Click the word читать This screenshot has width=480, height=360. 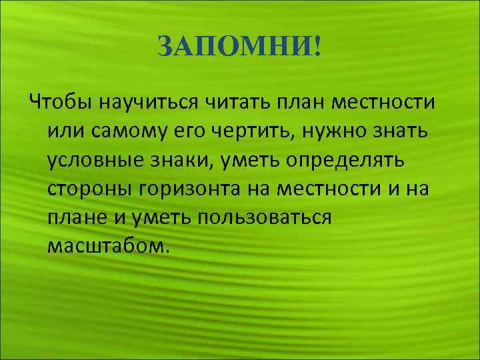[236, 104]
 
